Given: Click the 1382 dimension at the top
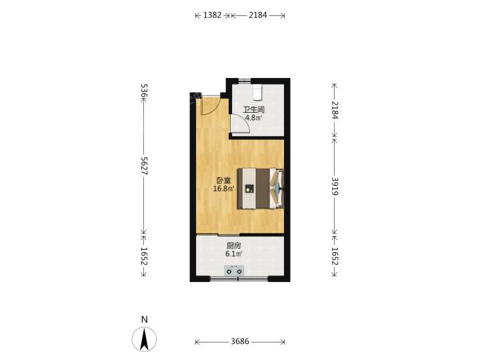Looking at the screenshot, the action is click(212, 15).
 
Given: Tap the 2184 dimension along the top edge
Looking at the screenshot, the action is click(258, 15).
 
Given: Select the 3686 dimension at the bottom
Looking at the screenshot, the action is click(240, 341).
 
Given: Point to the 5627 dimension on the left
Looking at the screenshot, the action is click(144, 165).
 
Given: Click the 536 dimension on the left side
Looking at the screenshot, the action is click(144, 91).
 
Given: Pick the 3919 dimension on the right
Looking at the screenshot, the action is click(335, 186).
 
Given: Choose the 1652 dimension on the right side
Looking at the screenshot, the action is click(335, 256).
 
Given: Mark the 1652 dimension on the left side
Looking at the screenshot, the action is click(144, 256).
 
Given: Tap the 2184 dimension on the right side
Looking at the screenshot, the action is click(335, 110).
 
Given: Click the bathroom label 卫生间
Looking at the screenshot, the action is click(254, 109).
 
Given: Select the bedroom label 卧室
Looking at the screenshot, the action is click(224, 180).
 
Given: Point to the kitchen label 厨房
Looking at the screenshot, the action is click(234, 245).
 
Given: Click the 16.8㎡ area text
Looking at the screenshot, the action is click(224, 189).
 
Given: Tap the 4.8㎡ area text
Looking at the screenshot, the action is click(254, 118).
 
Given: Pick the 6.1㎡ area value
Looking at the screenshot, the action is click(234, 254).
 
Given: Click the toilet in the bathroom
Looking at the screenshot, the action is click(257, 92).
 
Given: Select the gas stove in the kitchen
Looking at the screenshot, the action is click(234, 271).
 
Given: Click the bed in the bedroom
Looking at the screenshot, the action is click(261, 189).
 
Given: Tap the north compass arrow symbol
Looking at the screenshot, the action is click(144, 339).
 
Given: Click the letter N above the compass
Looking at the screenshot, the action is click(145, 319).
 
